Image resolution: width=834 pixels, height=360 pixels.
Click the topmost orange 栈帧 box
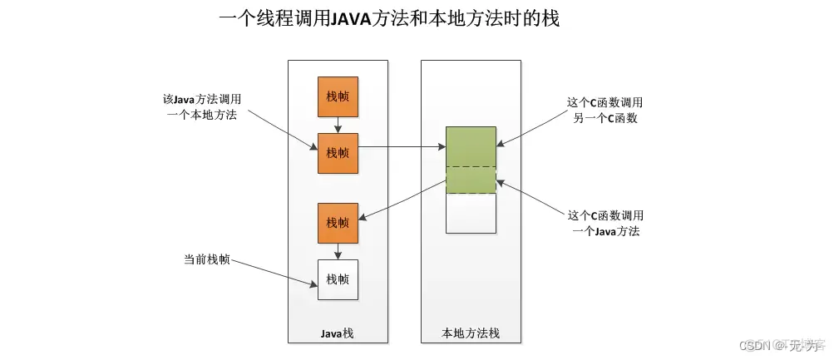click(x=338, y=97)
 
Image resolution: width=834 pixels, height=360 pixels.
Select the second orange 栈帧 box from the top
click(x=338, y=153)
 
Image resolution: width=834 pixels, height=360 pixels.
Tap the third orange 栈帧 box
click(x=338, y=223)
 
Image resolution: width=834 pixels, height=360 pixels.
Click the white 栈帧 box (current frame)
click(x=338, y=279)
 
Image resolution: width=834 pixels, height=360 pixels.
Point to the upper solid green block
click(x=471, y=146)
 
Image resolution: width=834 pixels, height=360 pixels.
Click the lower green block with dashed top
click(x=471, y=180)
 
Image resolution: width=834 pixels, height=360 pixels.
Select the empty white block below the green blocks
click(x=471, y=214)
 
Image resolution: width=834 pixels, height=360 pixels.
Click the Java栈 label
click(x=338, y=333)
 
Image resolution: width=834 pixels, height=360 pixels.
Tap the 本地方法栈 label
click(x=471, y=333)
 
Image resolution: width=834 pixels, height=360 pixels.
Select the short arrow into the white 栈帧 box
click(x=338, y=251)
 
